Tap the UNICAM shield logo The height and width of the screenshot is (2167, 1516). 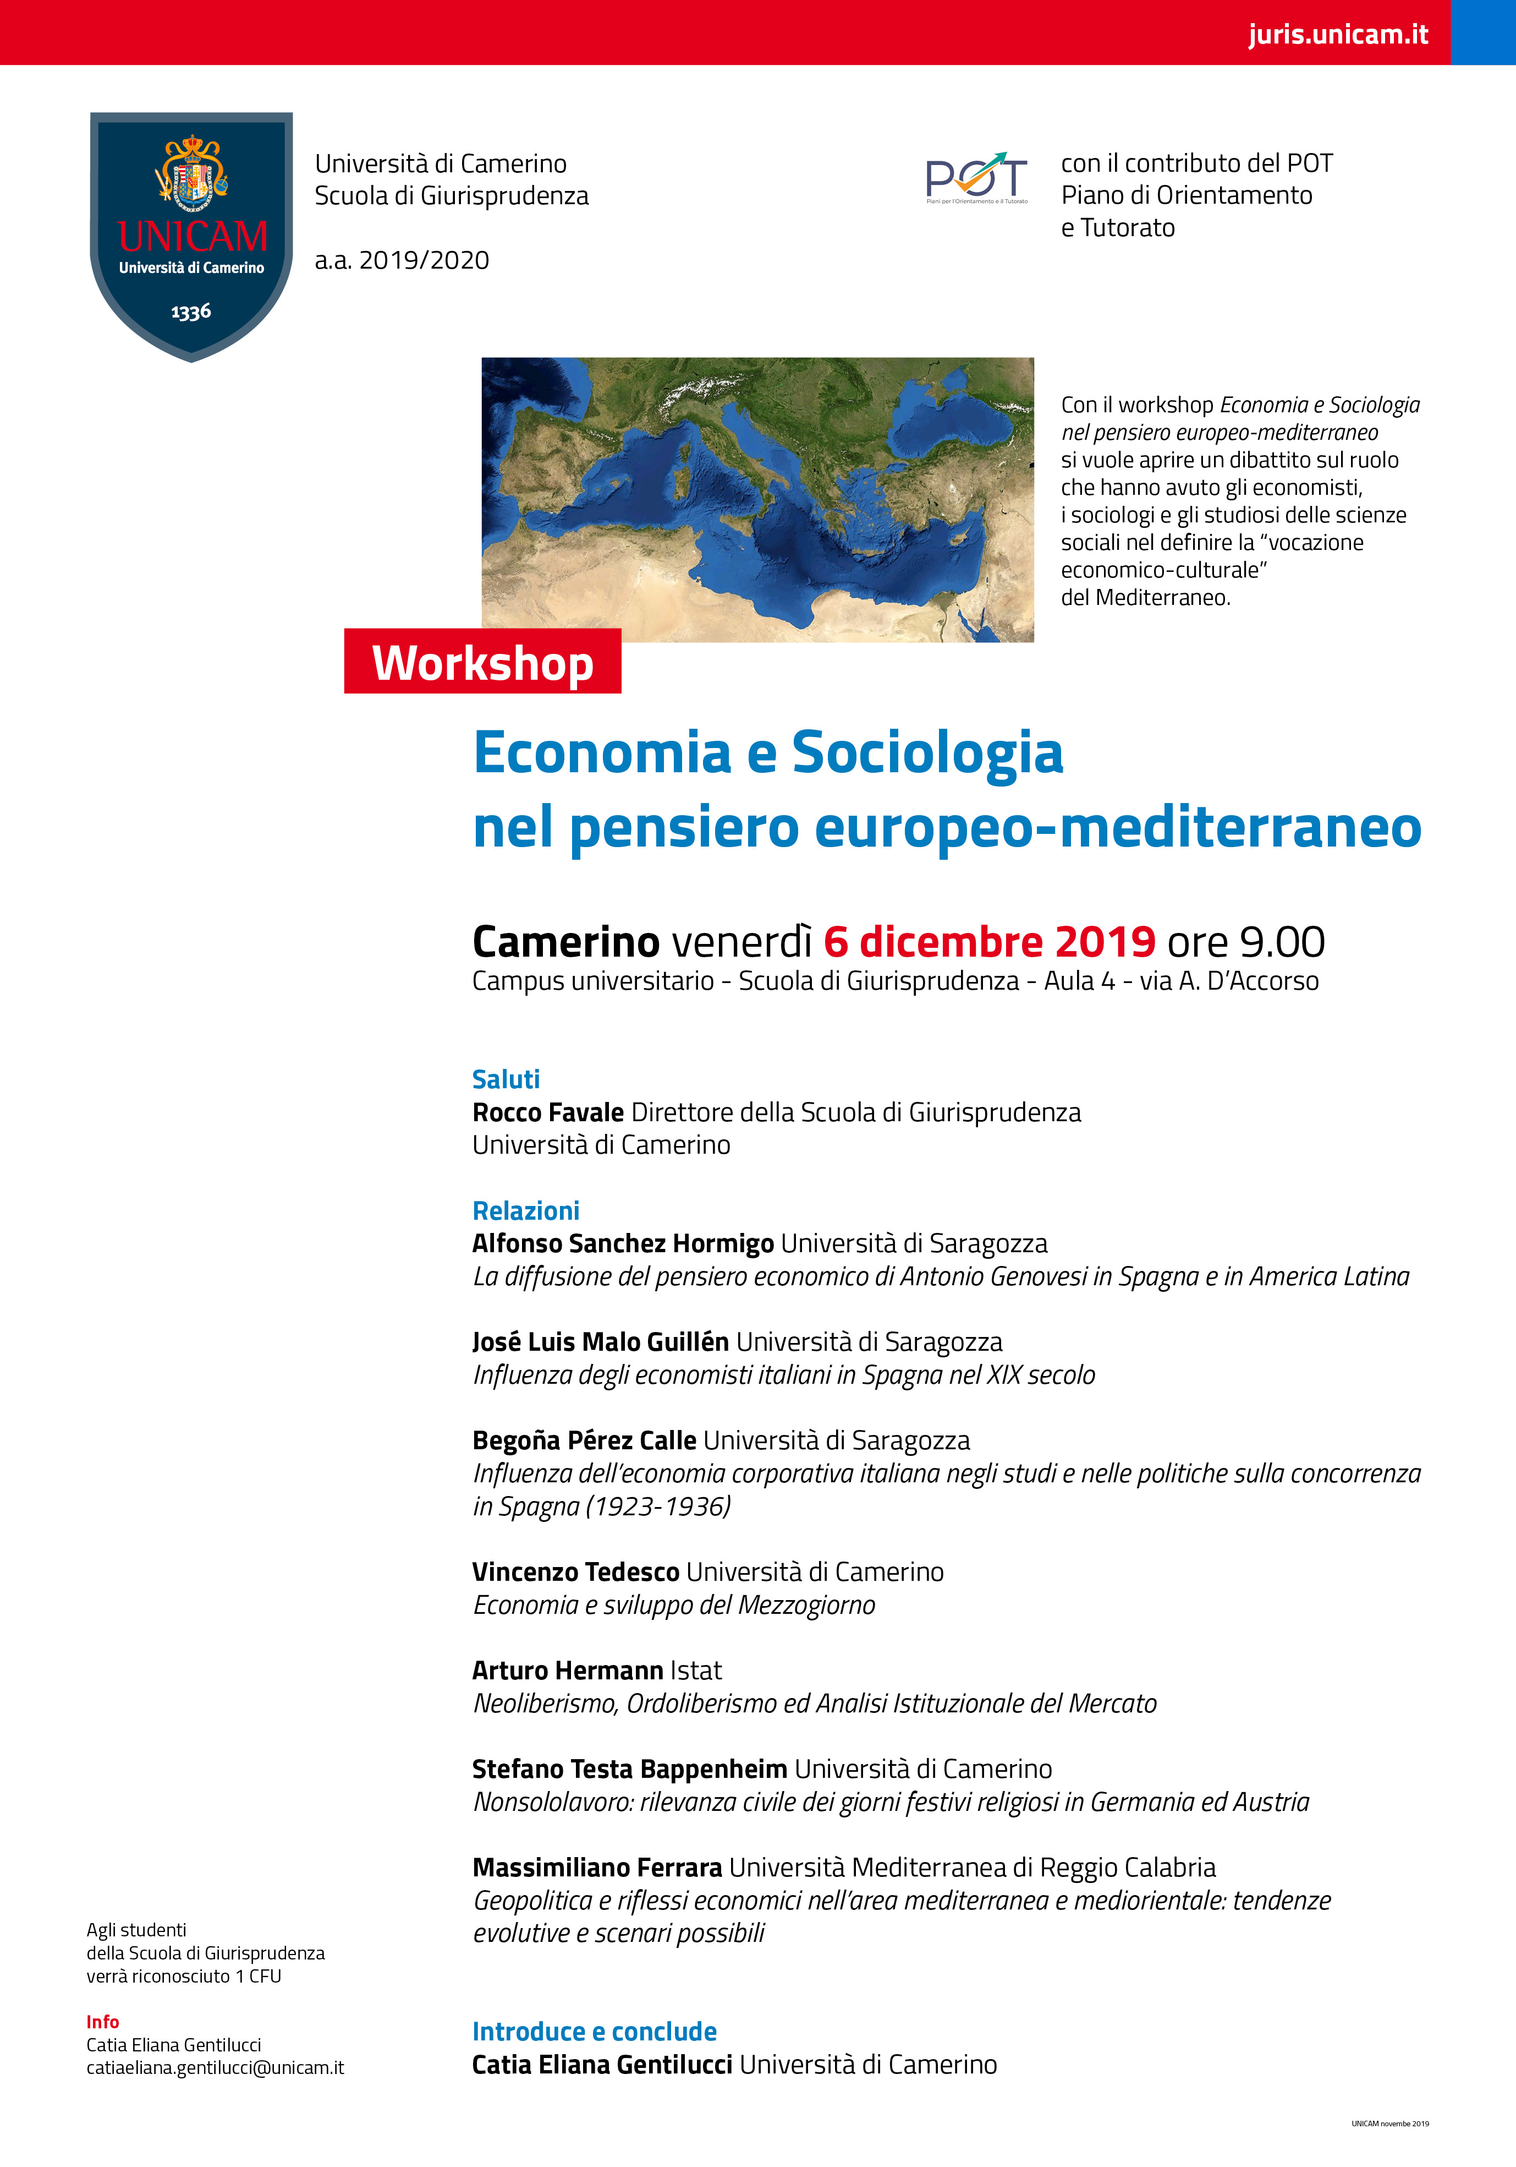coord(191,236)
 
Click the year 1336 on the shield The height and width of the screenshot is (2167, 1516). coord(191,312)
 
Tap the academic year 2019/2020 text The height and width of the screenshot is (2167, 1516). coord(402,260)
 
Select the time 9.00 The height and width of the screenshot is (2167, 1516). coord(1282,942)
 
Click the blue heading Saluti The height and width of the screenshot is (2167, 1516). coord(506,1079)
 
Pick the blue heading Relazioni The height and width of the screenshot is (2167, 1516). coord(525,1211)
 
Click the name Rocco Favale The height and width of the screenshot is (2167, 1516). coord(548,1113)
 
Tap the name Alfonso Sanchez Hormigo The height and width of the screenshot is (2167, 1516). coord(623,1244)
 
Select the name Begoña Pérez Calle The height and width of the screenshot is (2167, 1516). coord(584,1441)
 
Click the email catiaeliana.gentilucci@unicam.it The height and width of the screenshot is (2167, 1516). coord(215,2068)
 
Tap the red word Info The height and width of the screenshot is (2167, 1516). coord(103,2022)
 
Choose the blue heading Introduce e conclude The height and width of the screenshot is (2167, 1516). coord(594,2031)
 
